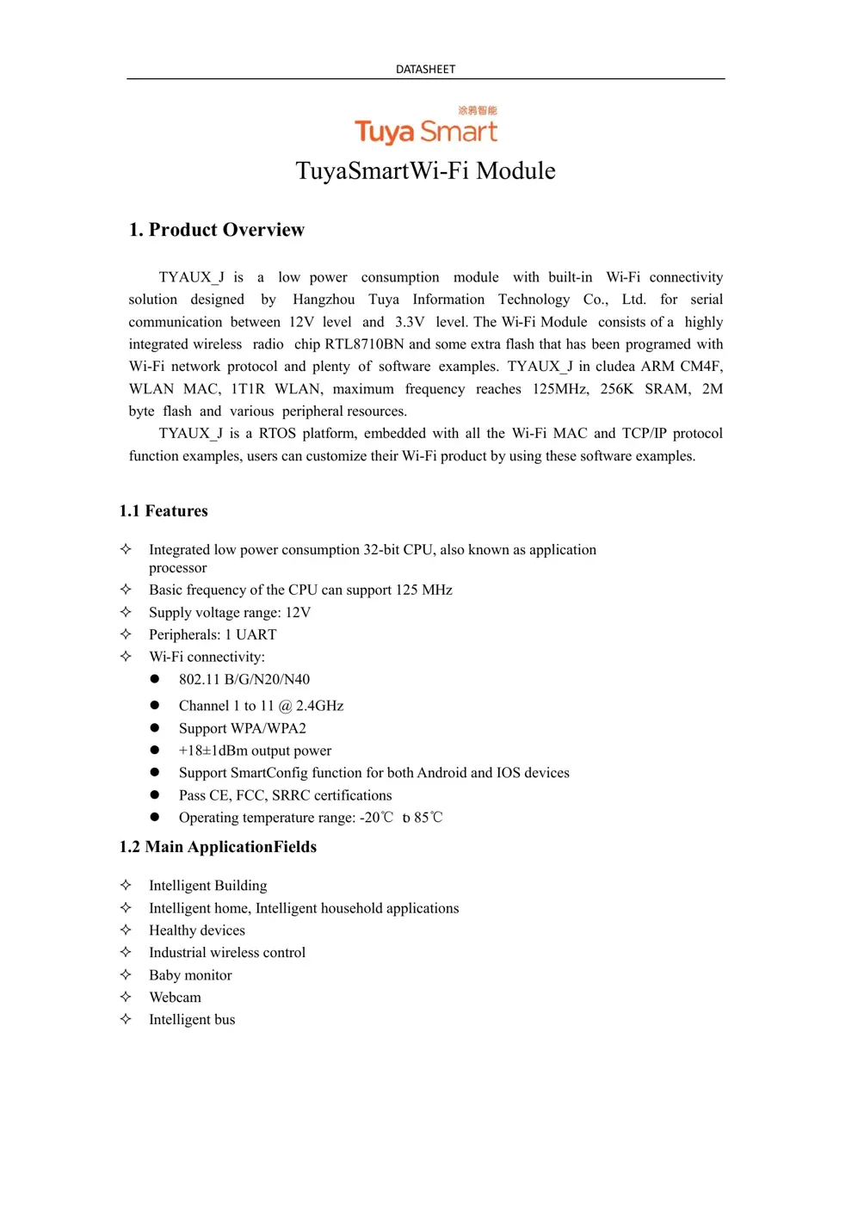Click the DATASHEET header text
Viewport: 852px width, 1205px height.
tap(425, 69)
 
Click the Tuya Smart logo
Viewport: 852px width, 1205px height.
tap(426, 127)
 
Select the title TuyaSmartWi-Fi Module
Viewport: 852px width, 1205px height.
tap(425, 170)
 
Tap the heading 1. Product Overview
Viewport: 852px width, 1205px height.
tap(216, 230)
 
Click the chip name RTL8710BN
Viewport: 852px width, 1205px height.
tap(364, 344)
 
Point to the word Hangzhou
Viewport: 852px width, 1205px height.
tap(324, 300)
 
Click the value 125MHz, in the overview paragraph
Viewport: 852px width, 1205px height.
tap(560, 389)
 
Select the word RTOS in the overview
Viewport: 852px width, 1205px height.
tap(277, 433)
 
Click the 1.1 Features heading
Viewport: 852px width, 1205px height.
tap(164, 511)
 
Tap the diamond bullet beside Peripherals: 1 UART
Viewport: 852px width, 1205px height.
tap(126, 634)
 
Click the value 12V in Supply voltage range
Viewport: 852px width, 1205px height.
tap(298, 613)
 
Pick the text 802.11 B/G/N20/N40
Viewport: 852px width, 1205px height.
tap(244, 679)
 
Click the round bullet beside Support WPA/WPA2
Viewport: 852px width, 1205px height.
tap(155, 728)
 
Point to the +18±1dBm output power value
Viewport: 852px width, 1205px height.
tap(255, 751)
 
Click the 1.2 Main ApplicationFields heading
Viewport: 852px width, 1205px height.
tap(218, 847)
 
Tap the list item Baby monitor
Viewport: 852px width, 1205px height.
tap(190, 975)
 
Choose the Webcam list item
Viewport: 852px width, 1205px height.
tap(175, 998)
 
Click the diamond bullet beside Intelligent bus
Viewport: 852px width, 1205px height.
tap(126, 1019)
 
